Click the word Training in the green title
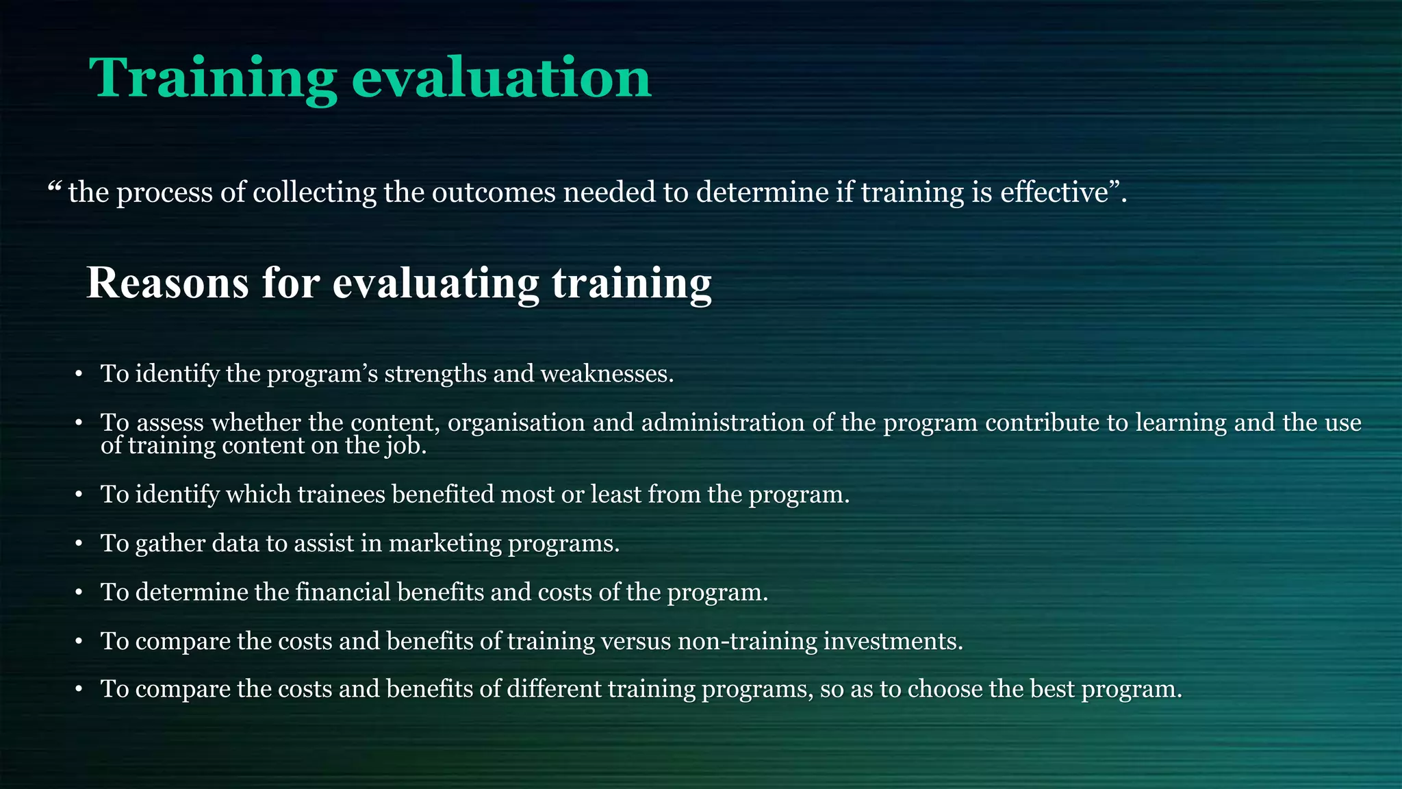[x=213, y=78]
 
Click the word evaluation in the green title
[x=501, y=78]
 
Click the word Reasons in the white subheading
[x=167, y=283]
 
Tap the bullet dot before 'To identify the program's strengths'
[x=79, y=375]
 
